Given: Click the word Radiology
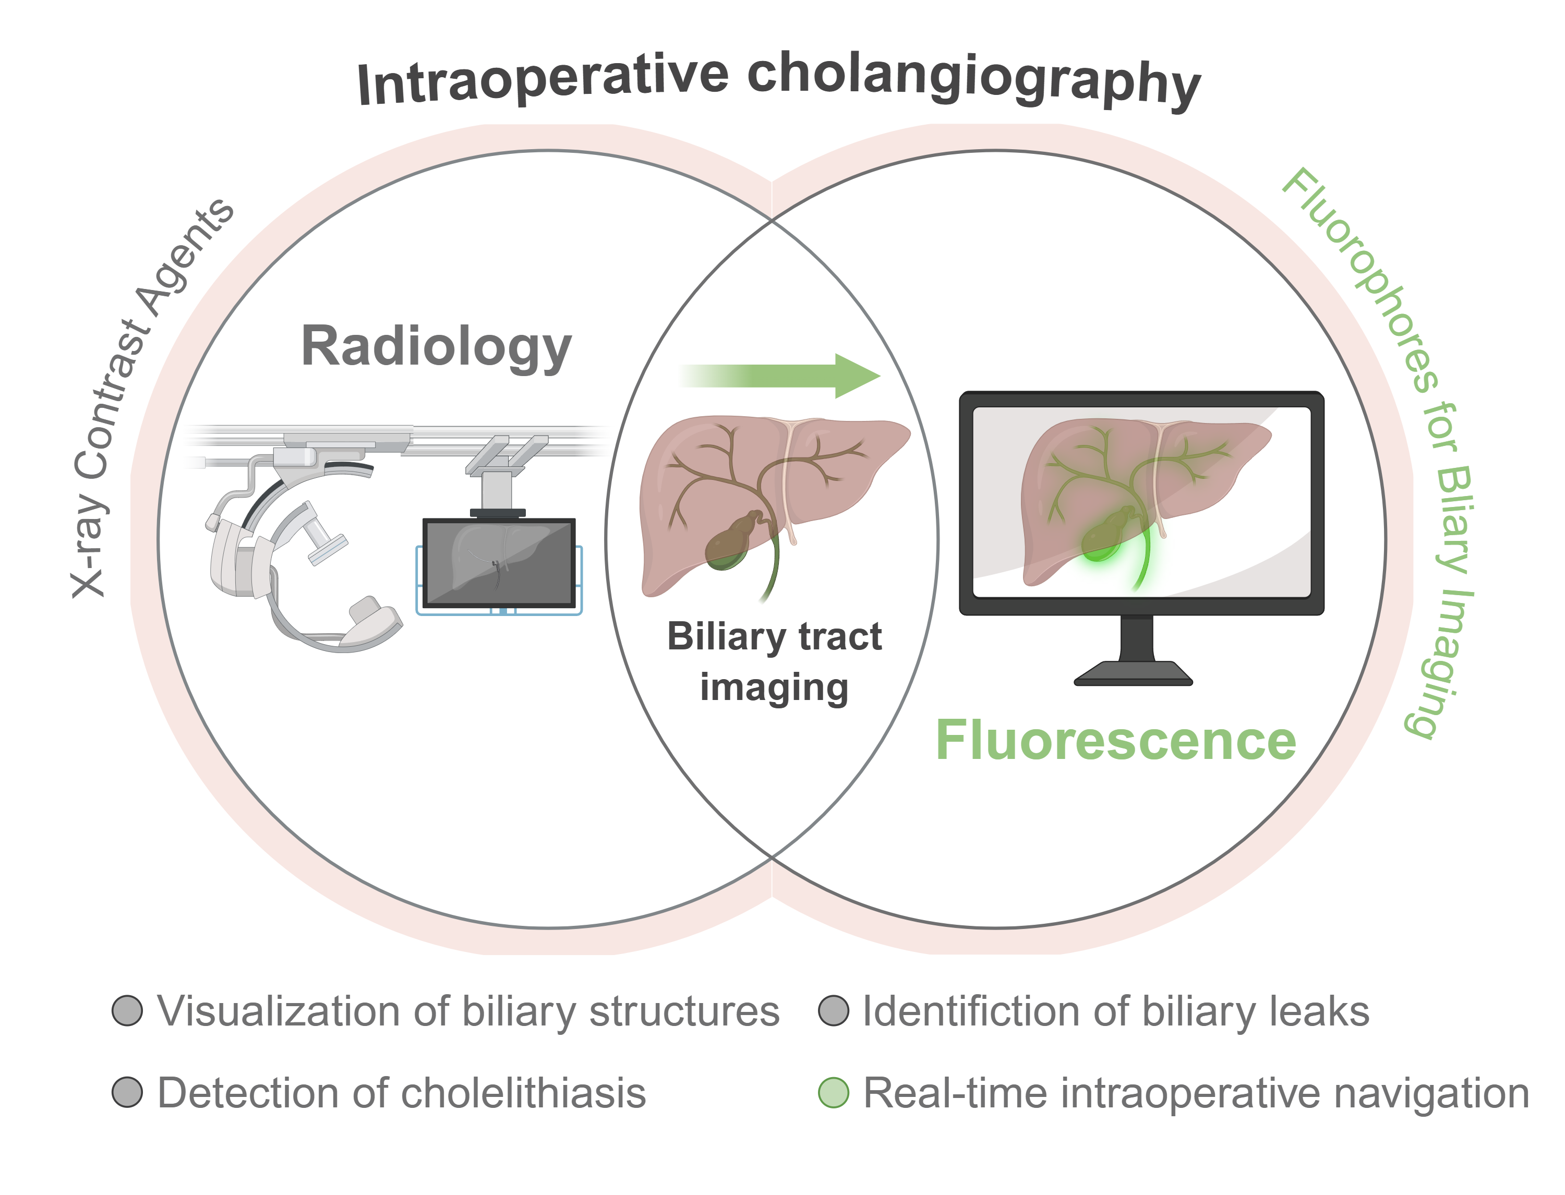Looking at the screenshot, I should [x=436, y=346].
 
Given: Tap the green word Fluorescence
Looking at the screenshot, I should [x=1115, y=741].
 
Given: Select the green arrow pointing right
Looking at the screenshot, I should [x=782, y=376].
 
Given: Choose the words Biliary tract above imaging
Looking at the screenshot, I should [x=774, y=636].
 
